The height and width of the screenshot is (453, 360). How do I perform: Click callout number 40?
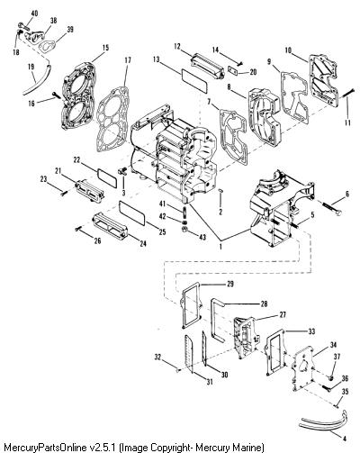coord(34,13)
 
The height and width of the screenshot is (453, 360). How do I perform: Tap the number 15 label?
coord(105,48)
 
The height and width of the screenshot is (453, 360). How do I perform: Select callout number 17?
coord(128,60)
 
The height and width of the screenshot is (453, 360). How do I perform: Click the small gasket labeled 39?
coord(46,47)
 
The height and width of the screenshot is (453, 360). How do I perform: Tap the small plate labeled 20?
coord(233,70)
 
